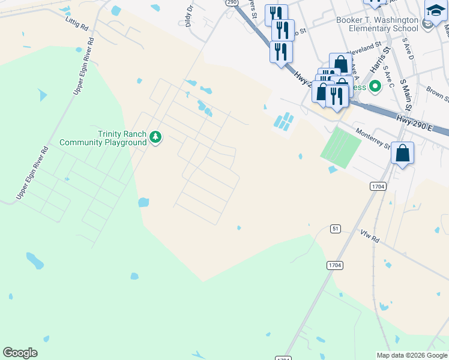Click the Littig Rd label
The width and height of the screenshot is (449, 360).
76,23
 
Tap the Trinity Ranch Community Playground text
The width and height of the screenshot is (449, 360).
103,138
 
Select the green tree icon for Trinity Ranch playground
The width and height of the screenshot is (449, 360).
155,137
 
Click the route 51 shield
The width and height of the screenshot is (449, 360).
336,229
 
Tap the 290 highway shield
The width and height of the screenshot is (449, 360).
232,2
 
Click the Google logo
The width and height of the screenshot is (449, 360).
20,353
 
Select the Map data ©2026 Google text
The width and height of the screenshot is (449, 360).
412,355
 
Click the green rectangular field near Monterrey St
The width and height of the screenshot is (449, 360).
340,145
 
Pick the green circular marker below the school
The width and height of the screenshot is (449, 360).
375,86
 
